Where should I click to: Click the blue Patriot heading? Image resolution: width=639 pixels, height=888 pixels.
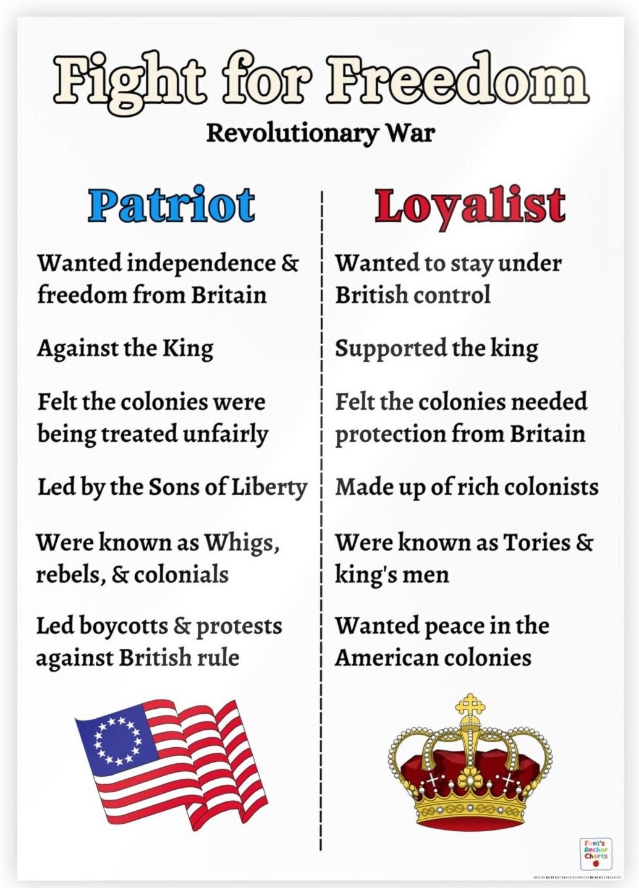pyautogui.click(x=172, y=205)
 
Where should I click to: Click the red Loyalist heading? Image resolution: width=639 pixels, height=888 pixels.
pyautogui.click(x=470, y=206)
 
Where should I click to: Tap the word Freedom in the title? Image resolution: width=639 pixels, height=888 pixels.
pyautogui.click(x=457, y=80)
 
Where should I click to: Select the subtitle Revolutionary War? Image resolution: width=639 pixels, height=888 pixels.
pyautogui.click(x=320, y=133)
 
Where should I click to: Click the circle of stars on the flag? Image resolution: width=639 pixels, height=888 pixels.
pyautogui.click(x=117, y=740)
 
